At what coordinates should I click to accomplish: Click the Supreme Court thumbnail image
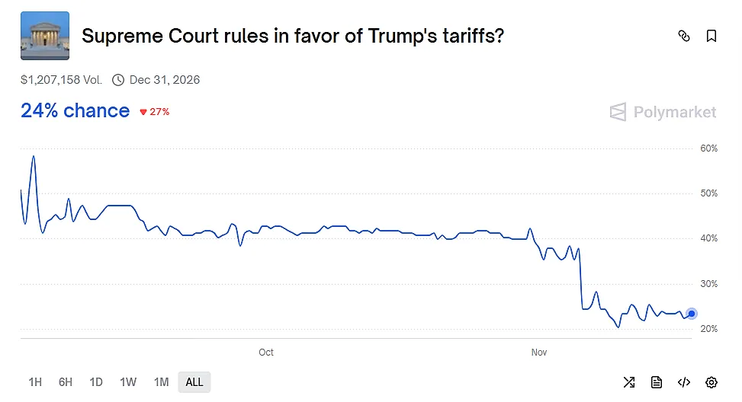tap(45, 36)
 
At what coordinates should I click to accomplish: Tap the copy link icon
tap(684, 36)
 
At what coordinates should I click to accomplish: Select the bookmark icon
tap(711, 36)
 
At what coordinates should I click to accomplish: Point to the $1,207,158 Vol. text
tap(61, 80)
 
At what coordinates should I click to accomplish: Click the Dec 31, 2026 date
tap(164, 80)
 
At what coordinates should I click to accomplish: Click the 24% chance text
tap(75, 111)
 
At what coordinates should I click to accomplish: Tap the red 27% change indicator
tap(154, 112)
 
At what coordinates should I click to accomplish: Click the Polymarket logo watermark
tap(663, 113)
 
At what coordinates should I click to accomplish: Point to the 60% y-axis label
tap(708, 148)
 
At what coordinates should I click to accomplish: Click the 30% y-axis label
tap(708, 284)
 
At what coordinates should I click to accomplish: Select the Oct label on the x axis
tap(266, 353)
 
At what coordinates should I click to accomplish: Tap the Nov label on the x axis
tap(539, 353)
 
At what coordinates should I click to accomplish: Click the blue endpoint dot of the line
tap(692, 314)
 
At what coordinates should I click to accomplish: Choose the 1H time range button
tap(35, 382)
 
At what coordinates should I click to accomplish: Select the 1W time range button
tap(128, 382)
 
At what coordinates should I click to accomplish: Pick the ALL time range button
tap(194, 382)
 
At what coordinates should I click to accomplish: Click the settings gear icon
tap(711, 382)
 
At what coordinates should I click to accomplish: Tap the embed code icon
tap(684, 382)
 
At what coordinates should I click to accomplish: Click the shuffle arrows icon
tap(628, 382)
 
